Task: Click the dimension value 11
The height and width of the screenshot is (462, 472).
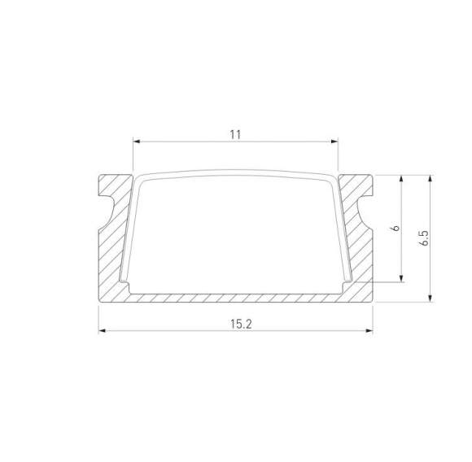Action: (235, 134)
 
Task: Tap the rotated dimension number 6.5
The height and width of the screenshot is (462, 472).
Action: (422, 238)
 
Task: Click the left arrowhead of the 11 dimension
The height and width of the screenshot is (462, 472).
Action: (137, 142)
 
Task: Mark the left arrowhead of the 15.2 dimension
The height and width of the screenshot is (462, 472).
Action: (103, 332)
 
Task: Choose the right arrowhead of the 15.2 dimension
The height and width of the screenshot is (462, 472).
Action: (369, 332)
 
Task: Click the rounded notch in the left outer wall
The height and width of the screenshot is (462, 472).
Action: (107, 206)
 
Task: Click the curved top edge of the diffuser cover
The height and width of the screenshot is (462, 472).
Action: (235, 172)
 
